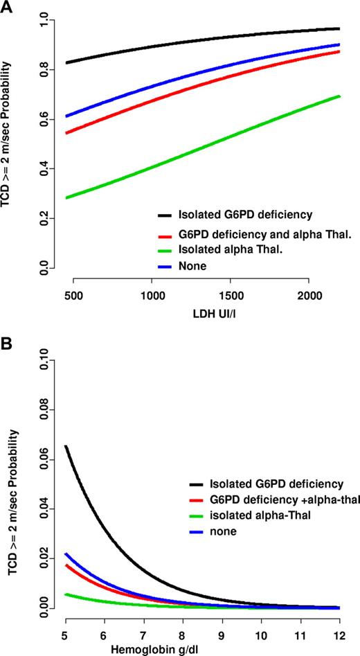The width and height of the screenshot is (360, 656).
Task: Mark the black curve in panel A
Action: click(208, 39)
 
